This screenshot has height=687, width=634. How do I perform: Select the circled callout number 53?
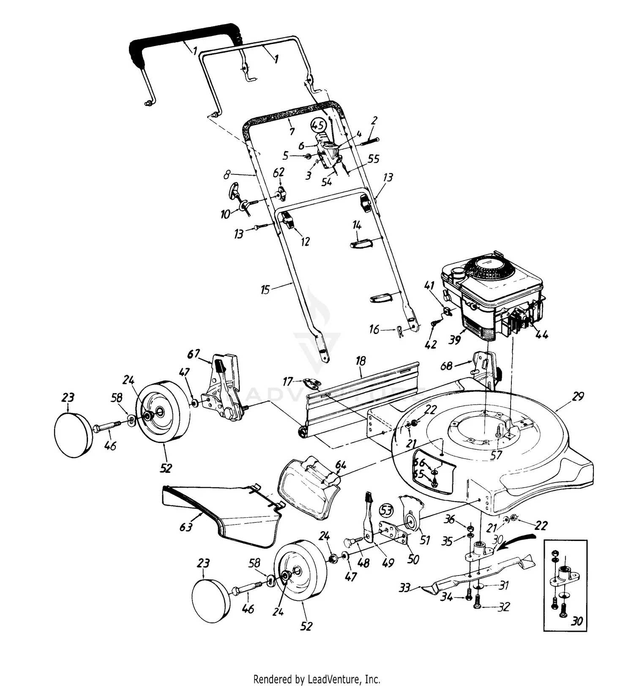coord(386,510)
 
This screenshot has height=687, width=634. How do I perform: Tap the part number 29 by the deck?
coord(578,396)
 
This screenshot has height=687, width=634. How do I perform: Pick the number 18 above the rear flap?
coord(361,361)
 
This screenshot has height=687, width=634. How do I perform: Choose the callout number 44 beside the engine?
coord(541,334)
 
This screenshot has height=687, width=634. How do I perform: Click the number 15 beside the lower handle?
coord(265,291)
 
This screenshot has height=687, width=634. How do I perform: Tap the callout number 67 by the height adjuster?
coord(194,353)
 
